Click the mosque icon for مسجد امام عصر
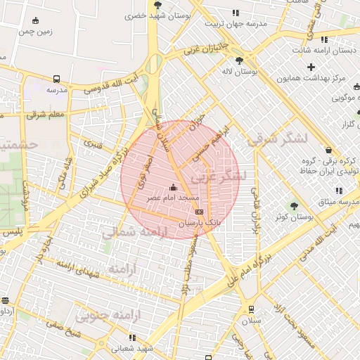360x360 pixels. (x=174, y=187)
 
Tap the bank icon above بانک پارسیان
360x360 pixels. (x=199, y=210)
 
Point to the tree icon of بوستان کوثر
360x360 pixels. (x=294, y=205)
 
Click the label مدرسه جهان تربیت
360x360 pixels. (x=237, y=23)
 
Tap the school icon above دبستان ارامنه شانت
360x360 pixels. (x=324, y=40)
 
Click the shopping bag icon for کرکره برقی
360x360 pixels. (x=328, y=150)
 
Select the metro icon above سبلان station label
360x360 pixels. (x=250, y=309)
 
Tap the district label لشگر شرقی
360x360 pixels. (x=278, y=140)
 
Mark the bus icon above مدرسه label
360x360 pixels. (x=56, y=79)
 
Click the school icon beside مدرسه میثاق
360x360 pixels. (x=339, y=191)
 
